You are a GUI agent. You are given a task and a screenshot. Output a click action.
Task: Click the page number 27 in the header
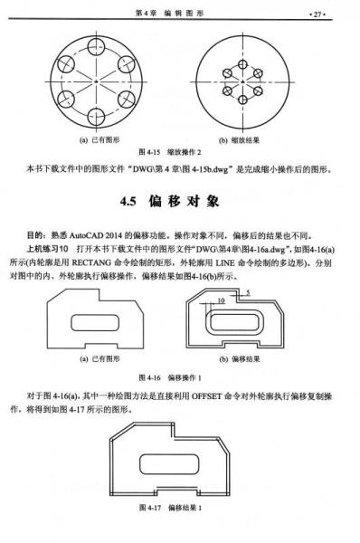(342, 14)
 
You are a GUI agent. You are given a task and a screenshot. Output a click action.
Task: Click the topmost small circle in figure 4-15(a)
(97, 46)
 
